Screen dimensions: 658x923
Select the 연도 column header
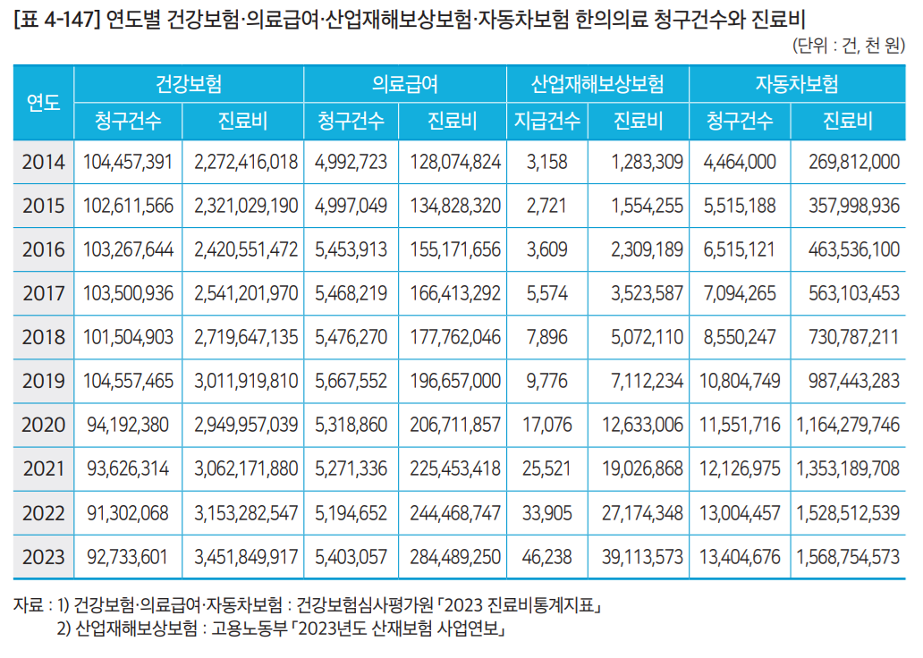coord(43,102)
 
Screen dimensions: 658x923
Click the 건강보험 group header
coord(189,84)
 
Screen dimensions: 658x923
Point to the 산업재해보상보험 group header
coord(597,84)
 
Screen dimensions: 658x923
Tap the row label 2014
coord(43,162)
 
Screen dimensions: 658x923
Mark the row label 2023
coord(43,557)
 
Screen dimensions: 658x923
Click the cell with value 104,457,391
coord(128,162)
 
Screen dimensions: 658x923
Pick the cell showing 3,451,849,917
coord(245,557)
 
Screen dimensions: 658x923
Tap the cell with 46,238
coord(547,557)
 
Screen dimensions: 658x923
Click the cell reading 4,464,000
coord(740,162)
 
